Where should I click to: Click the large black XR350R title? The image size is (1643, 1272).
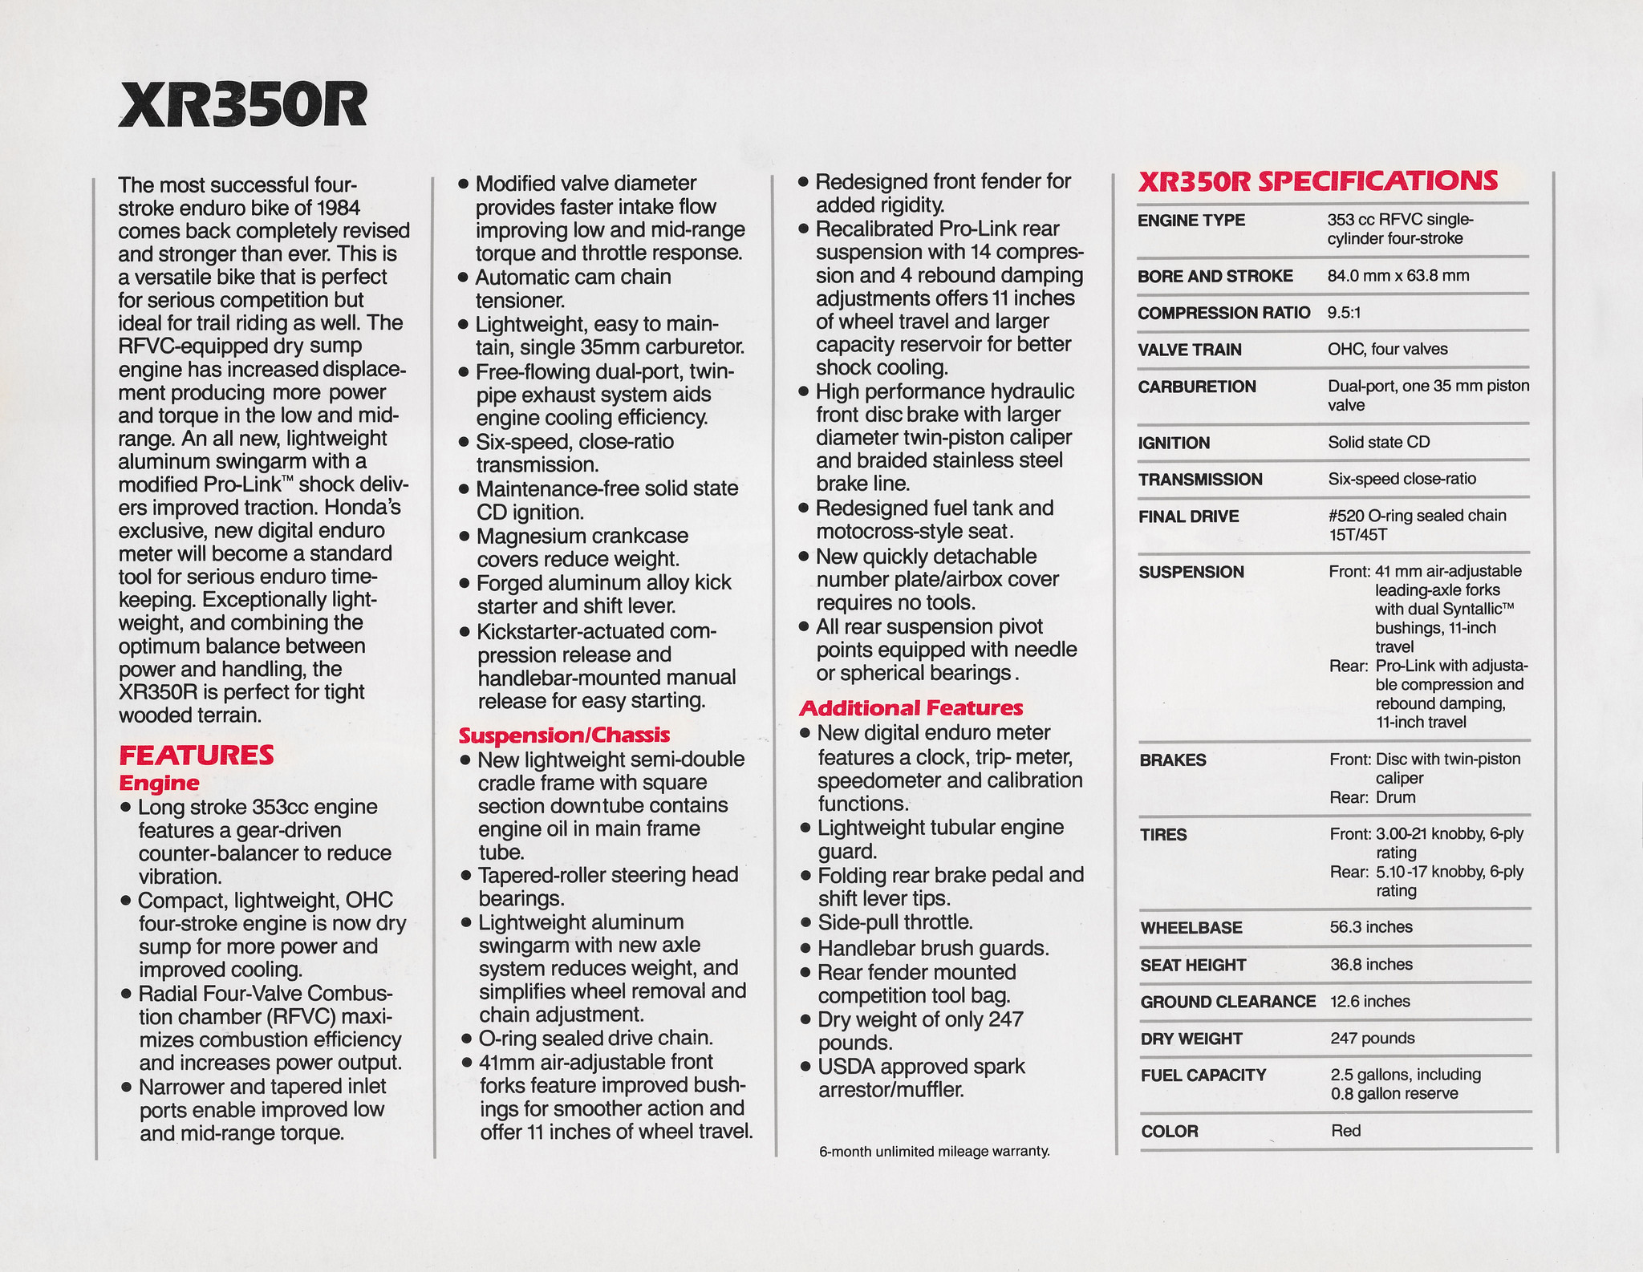point(242,107)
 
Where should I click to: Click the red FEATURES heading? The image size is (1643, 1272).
point(197,755)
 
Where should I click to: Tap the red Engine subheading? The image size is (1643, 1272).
point(159,783)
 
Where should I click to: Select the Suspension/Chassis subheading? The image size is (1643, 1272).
point(564,735)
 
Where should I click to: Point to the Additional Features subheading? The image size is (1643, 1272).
point(911,707)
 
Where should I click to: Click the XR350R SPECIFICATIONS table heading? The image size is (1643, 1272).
point(1317,181)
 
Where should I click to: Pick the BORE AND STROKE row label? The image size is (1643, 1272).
point(1215,277)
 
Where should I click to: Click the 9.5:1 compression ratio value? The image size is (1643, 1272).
point(1344,313)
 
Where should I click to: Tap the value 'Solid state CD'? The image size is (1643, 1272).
point(1378,442)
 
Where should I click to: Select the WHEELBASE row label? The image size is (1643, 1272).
point(1191,928)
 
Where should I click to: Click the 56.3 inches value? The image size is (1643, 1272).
point(1371,927)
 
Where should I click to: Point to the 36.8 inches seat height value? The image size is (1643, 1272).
point(1371,964)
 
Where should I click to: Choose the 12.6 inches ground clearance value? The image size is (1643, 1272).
point(1369,1001)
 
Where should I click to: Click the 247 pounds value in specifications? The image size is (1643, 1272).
point(1372,1038)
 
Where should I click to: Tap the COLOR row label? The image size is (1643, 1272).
point(1169,1132)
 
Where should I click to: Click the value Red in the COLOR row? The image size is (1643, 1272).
point(1345,1131)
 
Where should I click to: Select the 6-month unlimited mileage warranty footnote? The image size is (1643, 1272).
point(934,1152)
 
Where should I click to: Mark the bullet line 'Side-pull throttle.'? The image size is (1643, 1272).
point(895,922)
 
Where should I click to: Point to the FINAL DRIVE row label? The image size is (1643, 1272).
point(1188,516)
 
